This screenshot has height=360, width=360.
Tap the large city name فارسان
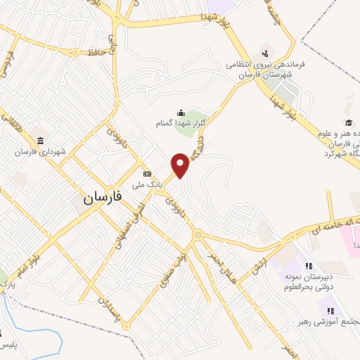click(x=103, y=198)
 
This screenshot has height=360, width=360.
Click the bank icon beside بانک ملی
click(x=146, y=174)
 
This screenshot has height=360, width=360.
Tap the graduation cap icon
click(x=349, y=123)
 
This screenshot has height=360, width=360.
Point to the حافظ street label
click(x=96, y=52)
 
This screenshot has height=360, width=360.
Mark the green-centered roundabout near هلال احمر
click(x=198, y=235)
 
